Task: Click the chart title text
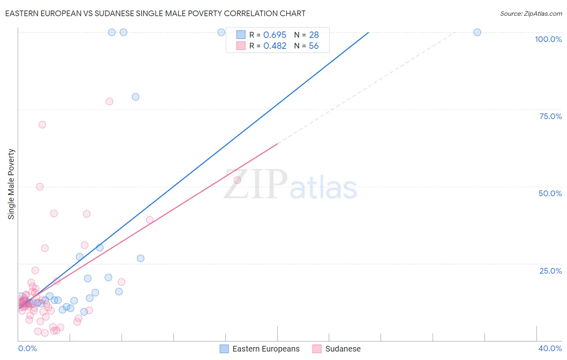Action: (155, 13)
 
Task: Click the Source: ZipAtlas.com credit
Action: (531, 13)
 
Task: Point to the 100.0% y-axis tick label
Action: (548, 39)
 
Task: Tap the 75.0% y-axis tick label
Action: (550, 116)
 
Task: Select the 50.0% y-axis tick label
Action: (550, 193)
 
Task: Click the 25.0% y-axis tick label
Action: (550, 271)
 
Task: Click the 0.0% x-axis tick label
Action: (27, 348)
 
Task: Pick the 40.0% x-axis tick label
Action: (550, 348)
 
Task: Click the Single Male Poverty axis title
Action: (11, 184)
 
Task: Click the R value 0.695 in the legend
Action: (275, 35)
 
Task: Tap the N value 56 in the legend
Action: (314, 46)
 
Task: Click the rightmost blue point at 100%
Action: (477, 32)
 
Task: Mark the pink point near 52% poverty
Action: (238, 180)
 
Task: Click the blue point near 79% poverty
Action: (135, 97)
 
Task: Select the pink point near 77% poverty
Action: (109, 101)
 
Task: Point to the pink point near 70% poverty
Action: (42, 125)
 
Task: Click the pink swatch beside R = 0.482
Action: (241, 46)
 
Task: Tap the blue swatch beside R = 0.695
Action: (241, 35)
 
